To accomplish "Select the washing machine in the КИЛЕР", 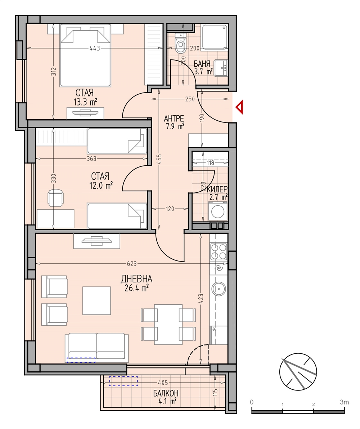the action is click(217, 211).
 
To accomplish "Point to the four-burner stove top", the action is click(219, 251).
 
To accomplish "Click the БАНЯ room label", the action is click(202, 64).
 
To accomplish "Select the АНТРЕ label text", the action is click(174, 119).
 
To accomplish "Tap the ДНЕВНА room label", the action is click(136, 279).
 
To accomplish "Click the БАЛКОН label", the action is click(166, 393).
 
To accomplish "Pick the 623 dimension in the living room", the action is click(132, 264).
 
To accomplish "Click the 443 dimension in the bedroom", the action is click(95, 48).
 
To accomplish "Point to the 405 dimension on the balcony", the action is click(163, 383).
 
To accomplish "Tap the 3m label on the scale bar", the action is click(345, 402).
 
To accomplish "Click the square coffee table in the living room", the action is click(97, 300).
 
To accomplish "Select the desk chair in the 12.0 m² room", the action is click(56, 198).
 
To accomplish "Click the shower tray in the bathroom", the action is click(215, 37).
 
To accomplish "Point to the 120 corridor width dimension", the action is click(170, 209).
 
